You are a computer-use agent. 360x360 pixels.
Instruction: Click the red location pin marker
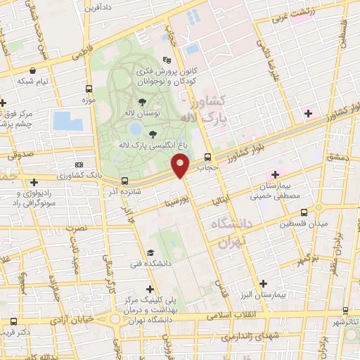point(181,165)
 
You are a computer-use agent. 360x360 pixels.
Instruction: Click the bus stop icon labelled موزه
point(89,89)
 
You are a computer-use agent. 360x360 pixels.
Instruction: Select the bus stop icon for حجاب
point(207,157)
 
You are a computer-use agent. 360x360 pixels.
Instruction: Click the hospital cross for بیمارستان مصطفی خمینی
point(275,174)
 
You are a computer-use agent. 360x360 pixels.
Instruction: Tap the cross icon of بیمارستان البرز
point(263,283)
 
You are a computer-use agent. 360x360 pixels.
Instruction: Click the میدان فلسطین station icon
point(303,212)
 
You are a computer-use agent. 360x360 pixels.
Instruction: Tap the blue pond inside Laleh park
point(134,129)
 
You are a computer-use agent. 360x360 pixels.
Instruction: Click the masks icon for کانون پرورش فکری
point(166,60)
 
